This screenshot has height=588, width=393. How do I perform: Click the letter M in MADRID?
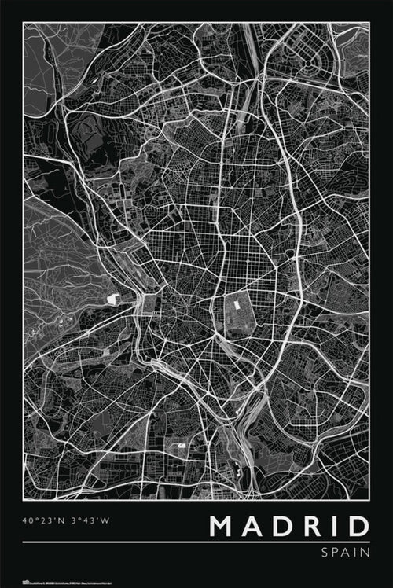pos(224,526)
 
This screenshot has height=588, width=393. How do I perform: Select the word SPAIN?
pos(345,553)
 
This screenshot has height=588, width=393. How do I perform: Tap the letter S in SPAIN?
pos(325,553)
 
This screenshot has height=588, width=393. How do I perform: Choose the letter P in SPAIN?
pos(336,553)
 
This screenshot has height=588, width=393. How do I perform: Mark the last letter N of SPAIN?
pos(365,553)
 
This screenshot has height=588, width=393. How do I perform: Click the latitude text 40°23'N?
pos(44,520)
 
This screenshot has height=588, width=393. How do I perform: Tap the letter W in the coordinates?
pos(105,520)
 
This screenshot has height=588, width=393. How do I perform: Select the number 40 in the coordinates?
pos(28,520)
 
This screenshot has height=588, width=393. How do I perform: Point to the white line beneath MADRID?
pos(196,542)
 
